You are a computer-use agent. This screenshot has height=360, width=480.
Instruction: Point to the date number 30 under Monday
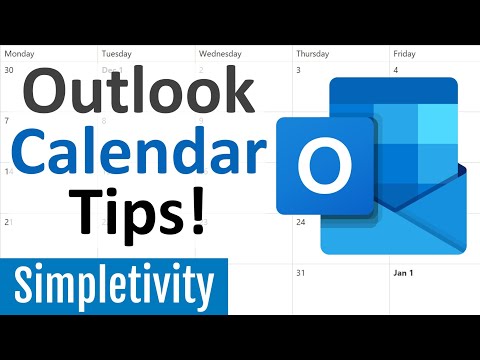point(9,70)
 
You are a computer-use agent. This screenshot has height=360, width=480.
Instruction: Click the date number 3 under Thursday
point(299,70)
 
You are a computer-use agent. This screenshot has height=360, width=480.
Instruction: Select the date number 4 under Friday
point(396,70)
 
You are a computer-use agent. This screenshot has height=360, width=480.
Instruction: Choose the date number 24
point(301,222)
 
